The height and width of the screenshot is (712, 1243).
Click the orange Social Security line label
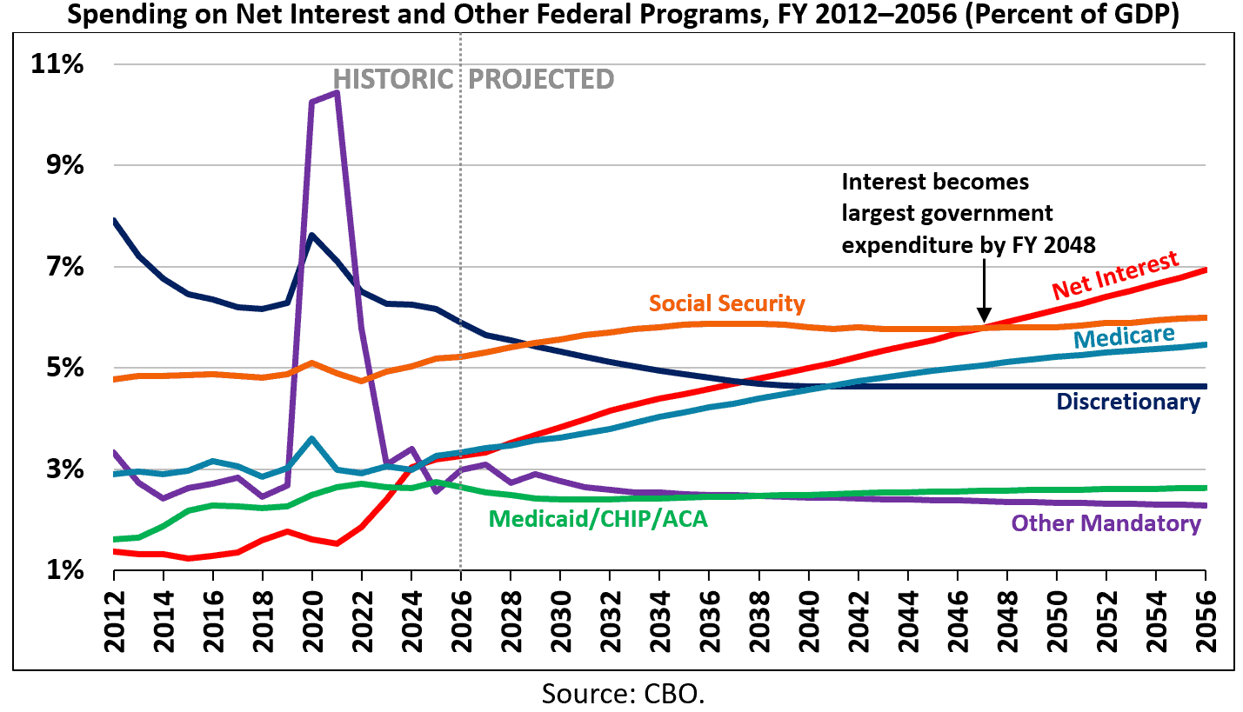click(726, 303)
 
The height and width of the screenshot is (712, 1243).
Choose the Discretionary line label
click(1127, 402)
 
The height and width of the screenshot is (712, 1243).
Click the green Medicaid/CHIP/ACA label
click(598, 519)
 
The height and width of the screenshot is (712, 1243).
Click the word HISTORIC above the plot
click(392, 80)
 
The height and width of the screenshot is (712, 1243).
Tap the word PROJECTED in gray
click(541, 80)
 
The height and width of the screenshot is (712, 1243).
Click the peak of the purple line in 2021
click(337, 92)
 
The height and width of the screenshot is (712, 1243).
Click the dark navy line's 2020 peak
click(312, 235)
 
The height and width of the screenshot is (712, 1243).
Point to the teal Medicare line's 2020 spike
click(312, 438)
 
